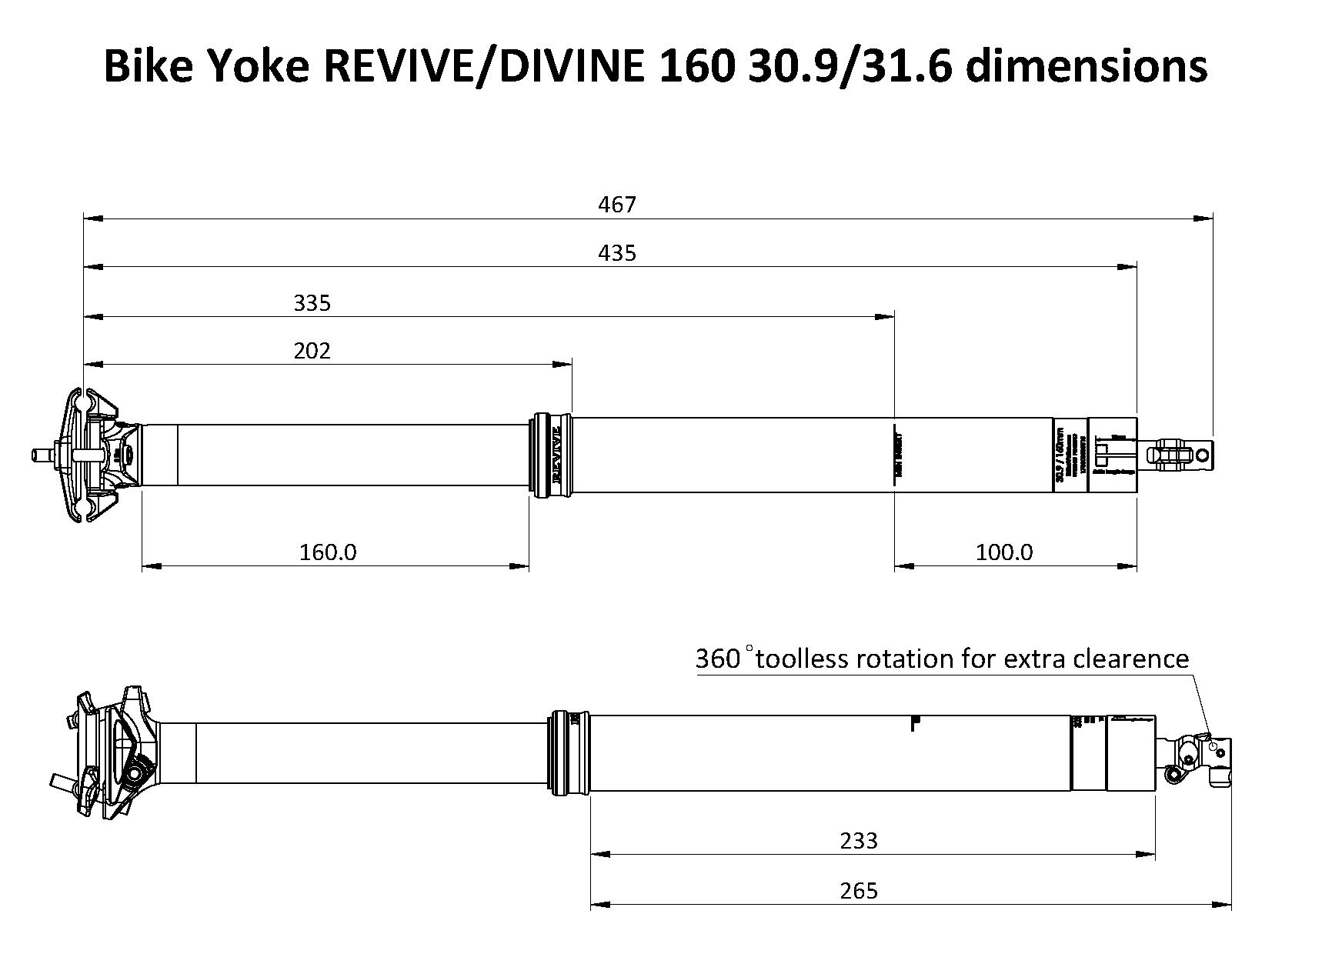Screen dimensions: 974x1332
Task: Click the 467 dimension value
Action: point(617,205)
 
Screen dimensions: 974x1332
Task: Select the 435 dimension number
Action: point(617,253)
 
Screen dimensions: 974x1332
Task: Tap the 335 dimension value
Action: point(312,303)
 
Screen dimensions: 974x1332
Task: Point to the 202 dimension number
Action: point(312,351)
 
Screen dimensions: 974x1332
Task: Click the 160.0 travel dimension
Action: point(328,552)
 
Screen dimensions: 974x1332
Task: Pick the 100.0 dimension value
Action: point(1004,552)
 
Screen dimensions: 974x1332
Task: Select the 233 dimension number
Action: point(859,840)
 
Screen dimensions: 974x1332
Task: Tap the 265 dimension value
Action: point(859,891)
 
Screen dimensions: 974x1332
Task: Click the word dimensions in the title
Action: point(1086,66)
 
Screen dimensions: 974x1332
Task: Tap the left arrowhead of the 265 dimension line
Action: point(599,905)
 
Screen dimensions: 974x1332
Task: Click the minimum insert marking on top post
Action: point(896,455)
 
